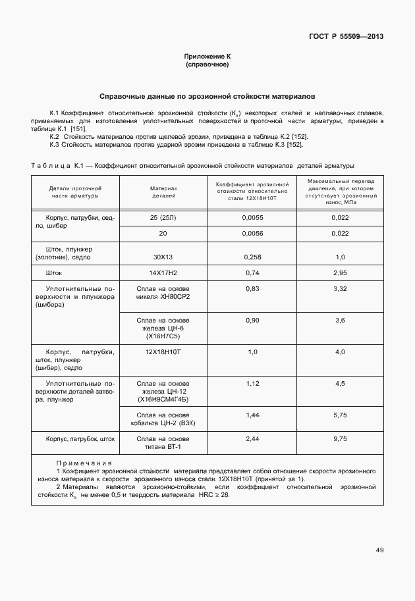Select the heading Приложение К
point(207,57)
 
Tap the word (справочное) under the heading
point(207,65)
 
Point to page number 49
point(379,550)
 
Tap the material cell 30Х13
point(163,257)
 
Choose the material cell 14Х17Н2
point(163,273)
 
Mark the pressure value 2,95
point(340,273)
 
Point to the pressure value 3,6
point(340,320)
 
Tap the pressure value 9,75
point(340,438)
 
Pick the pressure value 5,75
point(340,415)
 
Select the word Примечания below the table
point(84,463)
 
